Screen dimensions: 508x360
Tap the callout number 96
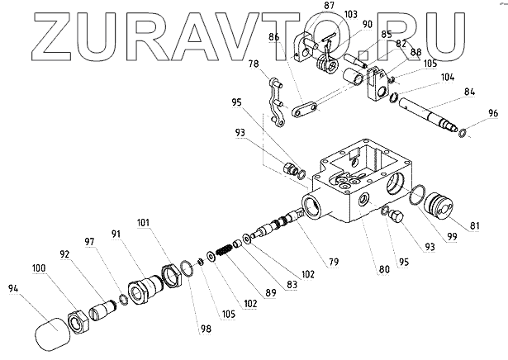493,113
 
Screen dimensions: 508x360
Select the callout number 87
306,6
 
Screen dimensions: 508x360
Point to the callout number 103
327,15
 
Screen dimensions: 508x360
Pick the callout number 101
143,222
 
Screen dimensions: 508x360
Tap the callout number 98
204,329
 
